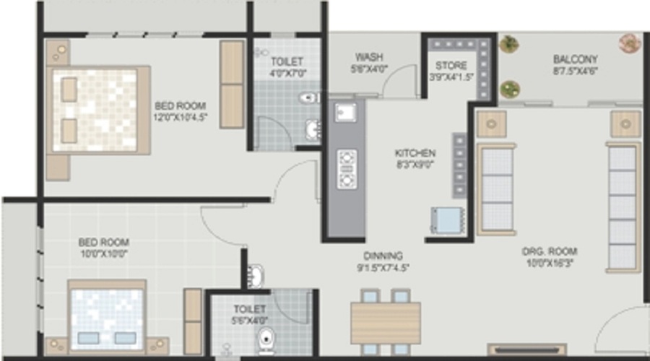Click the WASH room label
[x=368, y=57]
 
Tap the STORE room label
[x=451, y=65]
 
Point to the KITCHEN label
[x=415, y=153]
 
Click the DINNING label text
[x=383, y=256]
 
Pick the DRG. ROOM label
[x=550, y=251]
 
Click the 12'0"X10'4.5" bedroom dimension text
[x=180, y=116]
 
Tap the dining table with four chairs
[x=385, y=321]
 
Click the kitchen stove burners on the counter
[x=347, y=168]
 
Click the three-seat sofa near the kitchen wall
[x=495, y=188]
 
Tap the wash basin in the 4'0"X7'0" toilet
[x=312, y=129]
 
